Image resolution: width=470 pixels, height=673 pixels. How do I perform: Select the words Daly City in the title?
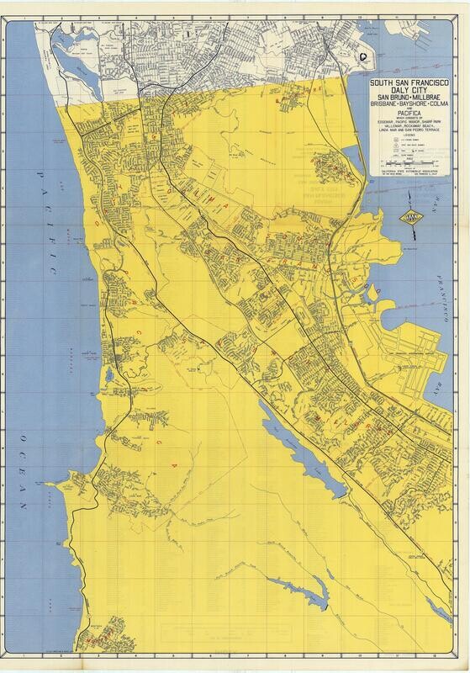(x=406, y=93)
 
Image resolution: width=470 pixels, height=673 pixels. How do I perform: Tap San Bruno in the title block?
(x=388, y=102)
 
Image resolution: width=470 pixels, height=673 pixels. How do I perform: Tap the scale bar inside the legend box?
(x=406, y=172)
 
